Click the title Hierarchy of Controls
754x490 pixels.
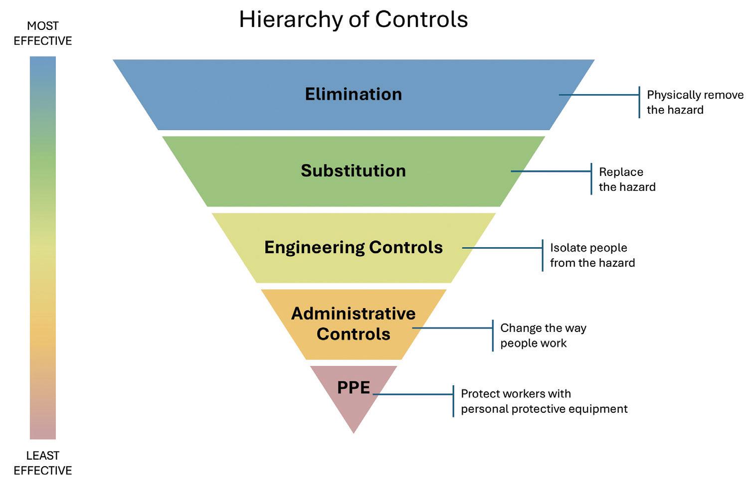(353, 20)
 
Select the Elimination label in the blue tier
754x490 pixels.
(353, 94)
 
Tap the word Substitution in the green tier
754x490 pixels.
(353, 171)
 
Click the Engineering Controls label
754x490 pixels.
(353, 247)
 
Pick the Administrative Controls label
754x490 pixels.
(353, 324)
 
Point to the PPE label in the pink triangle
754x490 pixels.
(353, 387)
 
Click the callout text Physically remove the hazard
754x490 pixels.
(695, 102)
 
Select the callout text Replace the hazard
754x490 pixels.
(627, 179)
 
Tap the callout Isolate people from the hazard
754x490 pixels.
(592, 255)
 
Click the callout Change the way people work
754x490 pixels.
(543, 335)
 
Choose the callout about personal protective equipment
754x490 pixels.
(544, 401)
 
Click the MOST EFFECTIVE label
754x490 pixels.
(43, 33)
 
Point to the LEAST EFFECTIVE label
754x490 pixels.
(43, 463)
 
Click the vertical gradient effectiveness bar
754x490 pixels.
(43, 248)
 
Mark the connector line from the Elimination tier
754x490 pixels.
(598, 95)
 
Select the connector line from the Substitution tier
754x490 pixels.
(551, 171)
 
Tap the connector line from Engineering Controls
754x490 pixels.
(502, 248)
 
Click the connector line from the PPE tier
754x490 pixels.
(413, 394)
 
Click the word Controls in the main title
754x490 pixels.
(421, 20)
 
